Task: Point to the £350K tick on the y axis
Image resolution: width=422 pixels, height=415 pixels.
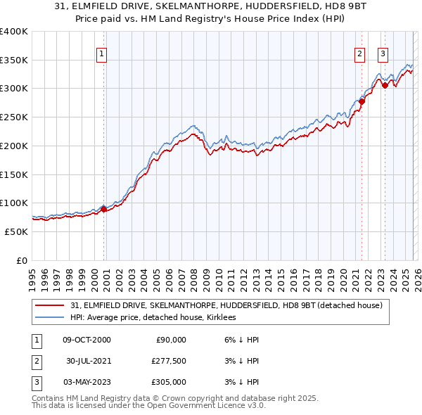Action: click(14, 60)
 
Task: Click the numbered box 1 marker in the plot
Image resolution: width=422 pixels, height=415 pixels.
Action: click(101, 53)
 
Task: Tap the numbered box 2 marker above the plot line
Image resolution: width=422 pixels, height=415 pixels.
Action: click(359, 53)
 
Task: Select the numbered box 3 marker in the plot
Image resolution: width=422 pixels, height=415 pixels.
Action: click(383, 53)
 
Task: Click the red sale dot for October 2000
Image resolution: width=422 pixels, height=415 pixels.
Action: click(103, 209)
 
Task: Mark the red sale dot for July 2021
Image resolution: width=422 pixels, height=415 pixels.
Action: click(362, 101)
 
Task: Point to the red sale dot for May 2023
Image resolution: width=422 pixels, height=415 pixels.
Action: click(384, 86)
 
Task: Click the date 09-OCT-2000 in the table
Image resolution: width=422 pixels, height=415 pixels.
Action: click(87, 340)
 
